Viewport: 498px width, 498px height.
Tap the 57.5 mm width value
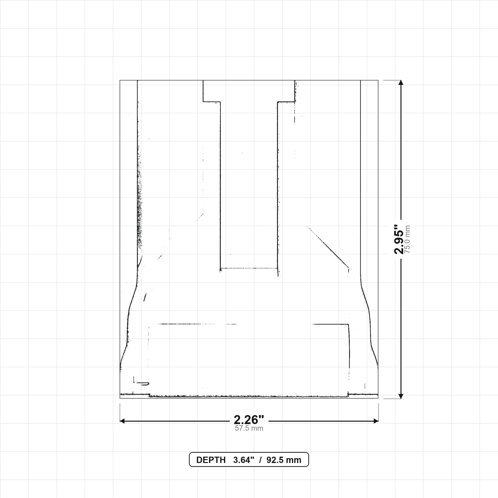pyautogui.click(x=249, y=428)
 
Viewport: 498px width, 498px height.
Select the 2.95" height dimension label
pyautogui.click(x=399, y=240)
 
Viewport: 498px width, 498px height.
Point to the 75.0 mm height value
pyautogui.click(x=407, y=239)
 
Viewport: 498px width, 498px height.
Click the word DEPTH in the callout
pyautogui.click(x=211, y=460)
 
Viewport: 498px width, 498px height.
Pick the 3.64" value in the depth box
pyautogui.click(x=244, y=460)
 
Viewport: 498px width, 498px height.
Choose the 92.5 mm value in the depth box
pyautogui.click(x=284, y=460)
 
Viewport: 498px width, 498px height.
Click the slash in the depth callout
pyautogui.click(x=260, y=460)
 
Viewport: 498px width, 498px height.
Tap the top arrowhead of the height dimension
pyautogui.click(x=401, y=82)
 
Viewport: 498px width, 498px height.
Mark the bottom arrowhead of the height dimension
pyautogui.click(x=401, y=396)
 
